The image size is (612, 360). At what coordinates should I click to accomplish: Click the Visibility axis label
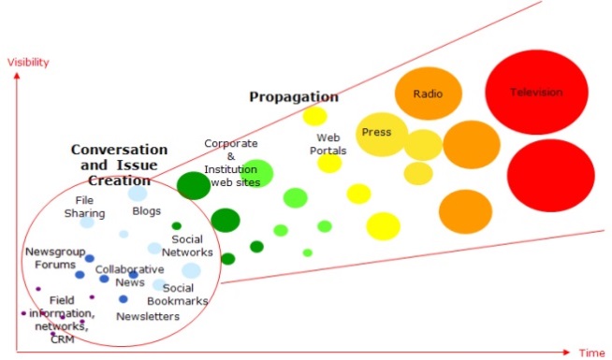click(x=27, y=63)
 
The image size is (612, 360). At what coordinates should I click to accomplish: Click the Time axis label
click(x=591, y=353)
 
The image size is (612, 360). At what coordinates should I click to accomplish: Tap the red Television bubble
click(x=536, y=93)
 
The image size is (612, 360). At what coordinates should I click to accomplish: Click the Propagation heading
click(x=294, y=97)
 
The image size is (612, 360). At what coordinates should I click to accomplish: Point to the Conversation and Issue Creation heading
click(x=120, y=165)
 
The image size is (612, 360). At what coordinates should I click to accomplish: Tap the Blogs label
click(x=147, y=211)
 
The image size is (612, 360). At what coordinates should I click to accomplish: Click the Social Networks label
click(x=187, y=245)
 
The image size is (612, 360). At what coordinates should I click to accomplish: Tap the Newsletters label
click(x=148, y=317)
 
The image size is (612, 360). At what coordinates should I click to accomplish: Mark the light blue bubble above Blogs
click(x=138, y=194)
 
